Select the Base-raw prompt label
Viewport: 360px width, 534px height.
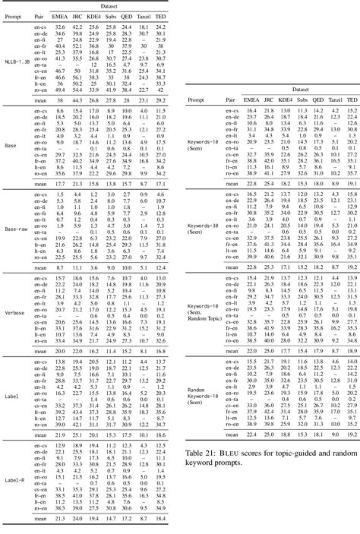(16, 229)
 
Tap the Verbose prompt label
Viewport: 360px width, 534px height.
(15, 312)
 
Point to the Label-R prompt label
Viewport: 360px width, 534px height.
(16, 479)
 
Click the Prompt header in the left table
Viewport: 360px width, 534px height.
(13, 14)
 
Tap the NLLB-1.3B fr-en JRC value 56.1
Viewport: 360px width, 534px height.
(78, 72)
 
